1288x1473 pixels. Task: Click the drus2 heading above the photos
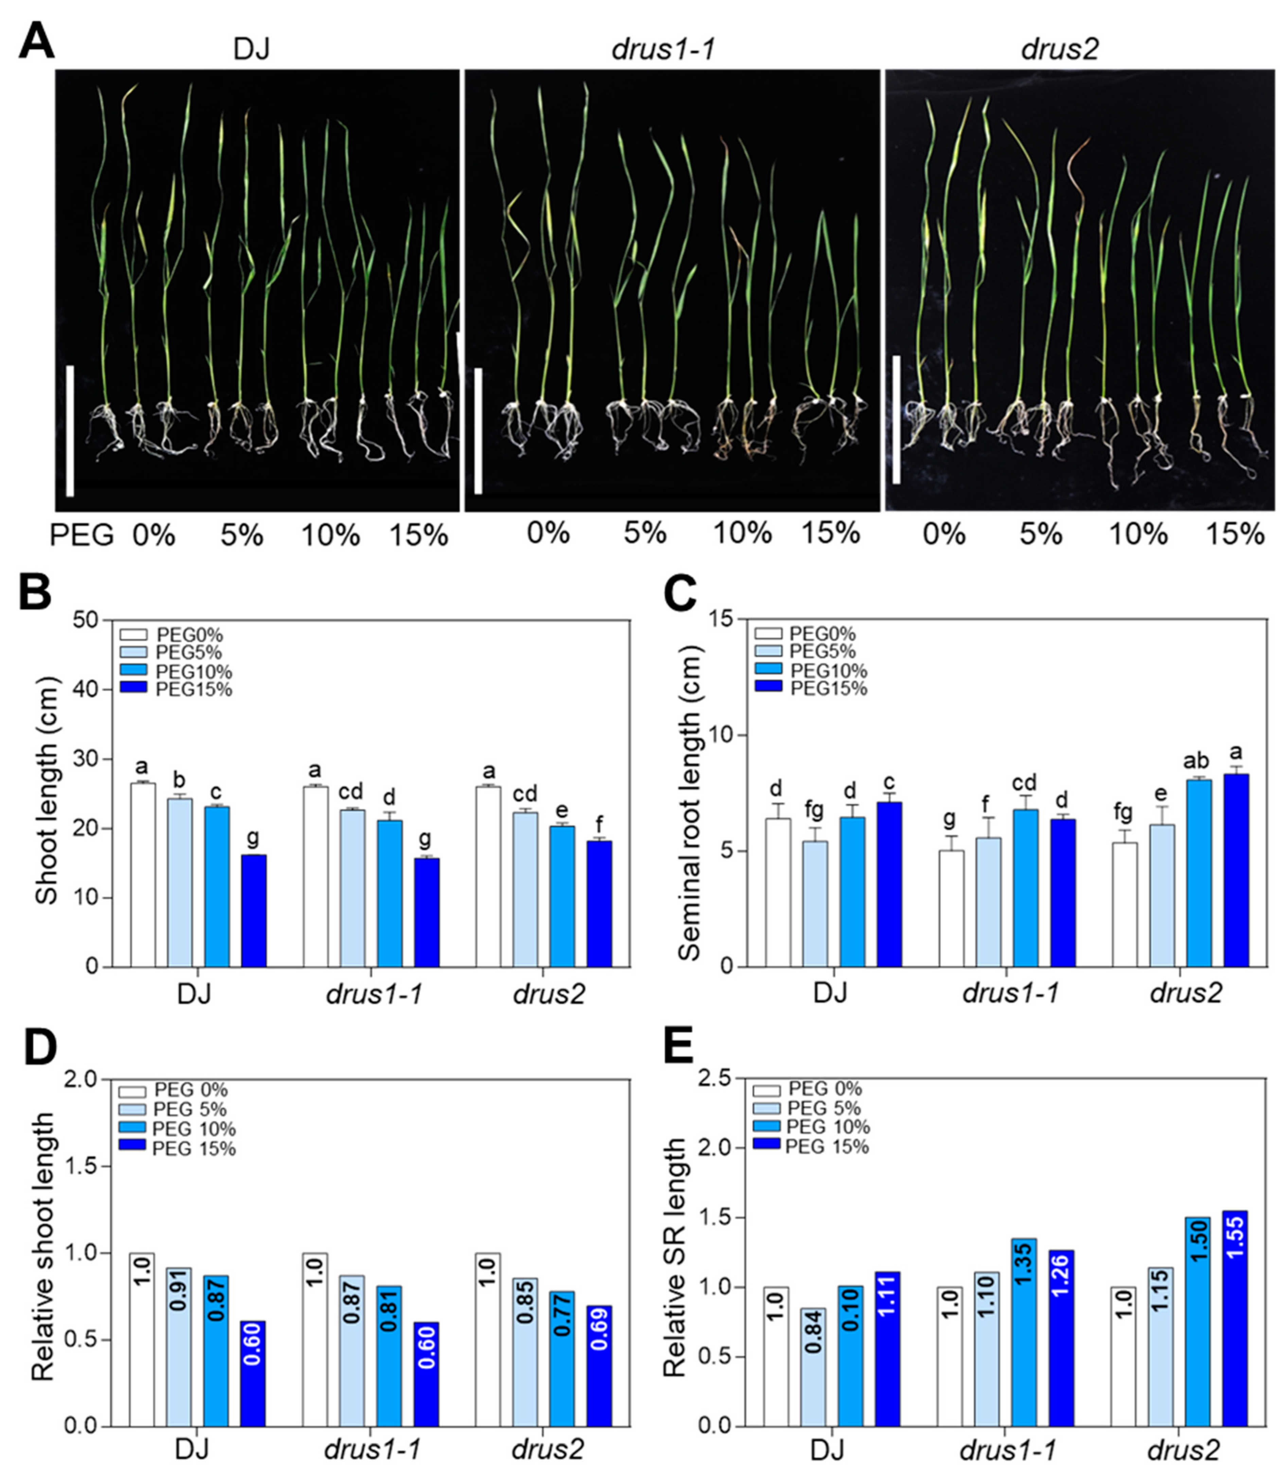tap(1059, 50)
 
